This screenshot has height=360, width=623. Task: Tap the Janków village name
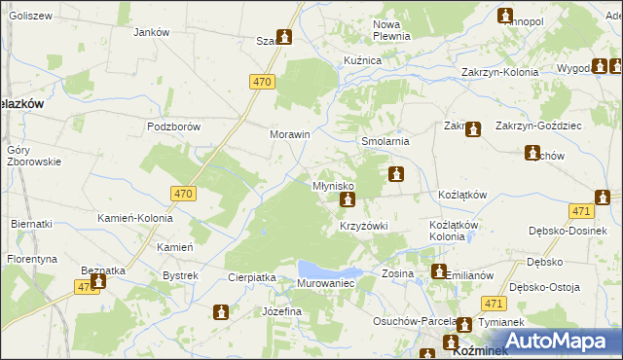(x=151, y=32)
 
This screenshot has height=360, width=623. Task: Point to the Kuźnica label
(x=362, y=60)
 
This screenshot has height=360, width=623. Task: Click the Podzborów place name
(x=172, y=126)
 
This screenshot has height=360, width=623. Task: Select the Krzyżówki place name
(x=363, y=226)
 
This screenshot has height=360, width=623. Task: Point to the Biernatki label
(x=31, y=224)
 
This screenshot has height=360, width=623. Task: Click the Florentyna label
(x=32, y=260)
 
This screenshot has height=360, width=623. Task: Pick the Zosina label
(x=398, y=273)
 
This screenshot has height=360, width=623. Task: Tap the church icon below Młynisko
(x=347, y=200)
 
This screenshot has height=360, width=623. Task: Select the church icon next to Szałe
(x=283, y=38)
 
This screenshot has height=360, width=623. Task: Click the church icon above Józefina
(x=221, y=312)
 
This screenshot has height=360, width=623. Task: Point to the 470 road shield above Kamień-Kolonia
(x=183, y=194)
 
